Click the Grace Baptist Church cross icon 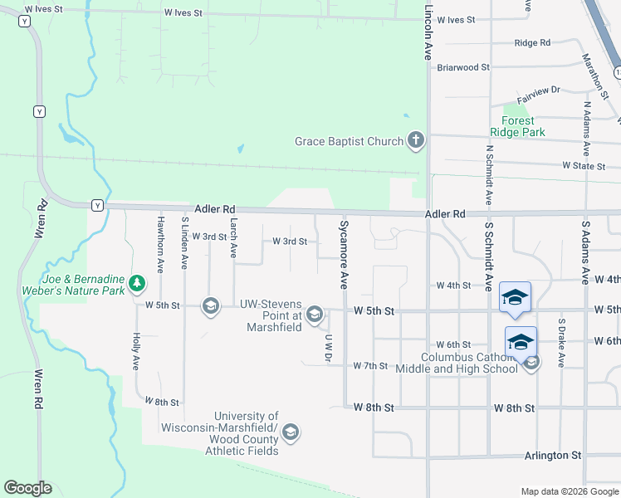point(416,141)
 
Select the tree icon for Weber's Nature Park point(137,285)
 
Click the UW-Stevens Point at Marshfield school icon point(315,313)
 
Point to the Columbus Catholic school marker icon point(531,361)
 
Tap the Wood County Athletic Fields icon point(291,432)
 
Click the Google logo point(27,488)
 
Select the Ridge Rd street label point(532,42)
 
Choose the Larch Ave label point(234,237)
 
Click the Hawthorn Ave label point(160,244)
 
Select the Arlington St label point(552,456)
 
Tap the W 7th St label point(370,365)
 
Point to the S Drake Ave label point(561,343)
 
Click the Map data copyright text point(569,491)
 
